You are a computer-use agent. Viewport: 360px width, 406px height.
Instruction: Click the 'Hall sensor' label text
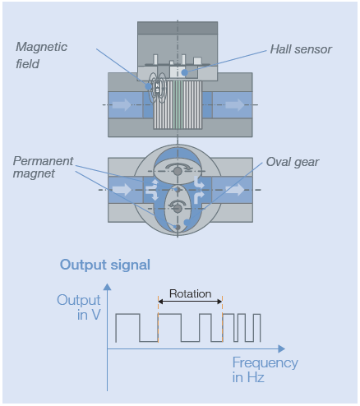(x=301, y=49)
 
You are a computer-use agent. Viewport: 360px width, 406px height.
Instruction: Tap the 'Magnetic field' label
(x=41, y=55)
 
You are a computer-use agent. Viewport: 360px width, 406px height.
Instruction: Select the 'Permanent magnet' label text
(x=43, y=167)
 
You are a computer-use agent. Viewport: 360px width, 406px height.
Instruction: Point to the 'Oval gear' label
(x=293, y=162)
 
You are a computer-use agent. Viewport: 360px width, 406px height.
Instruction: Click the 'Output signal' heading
(x=105, y=265)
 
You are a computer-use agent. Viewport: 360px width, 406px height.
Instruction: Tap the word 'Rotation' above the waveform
(x=191, y=293)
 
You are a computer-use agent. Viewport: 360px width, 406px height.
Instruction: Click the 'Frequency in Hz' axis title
(x=265, y=370)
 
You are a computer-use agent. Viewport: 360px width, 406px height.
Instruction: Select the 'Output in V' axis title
(x=79, y=307)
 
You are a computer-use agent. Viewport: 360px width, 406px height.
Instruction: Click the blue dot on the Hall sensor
(x=185, y=72)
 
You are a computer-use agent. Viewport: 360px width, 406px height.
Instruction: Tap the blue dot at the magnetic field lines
(x=148, y=86)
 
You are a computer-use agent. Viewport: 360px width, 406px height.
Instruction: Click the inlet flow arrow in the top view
(x=122, y=104)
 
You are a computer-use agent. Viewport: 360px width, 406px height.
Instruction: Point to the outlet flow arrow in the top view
(x=234, y=104)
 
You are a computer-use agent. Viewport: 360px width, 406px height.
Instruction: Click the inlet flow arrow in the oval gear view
(x=122, y=190)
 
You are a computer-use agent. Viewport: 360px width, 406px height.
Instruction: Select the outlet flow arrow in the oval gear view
(x=234, y=190)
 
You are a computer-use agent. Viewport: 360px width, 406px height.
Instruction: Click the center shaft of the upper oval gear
(x=178, y=171)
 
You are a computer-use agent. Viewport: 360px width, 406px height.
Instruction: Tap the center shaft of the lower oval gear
(x=178, y=209)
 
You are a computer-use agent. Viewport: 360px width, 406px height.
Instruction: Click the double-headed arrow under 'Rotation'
(x=190, y=302)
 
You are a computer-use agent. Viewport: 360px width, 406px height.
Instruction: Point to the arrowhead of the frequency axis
(x=282, y=348)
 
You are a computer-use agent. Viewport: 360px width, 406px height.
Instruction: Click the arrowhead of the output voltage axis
(x=107, y=287)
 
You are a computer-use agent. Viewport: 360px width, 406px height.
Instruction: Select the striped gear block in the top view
(x=178, y=104)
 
